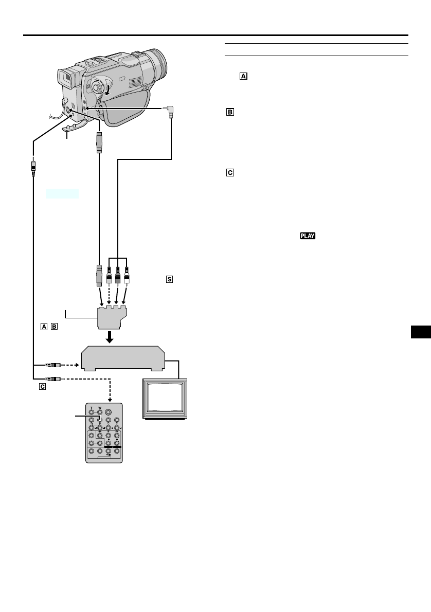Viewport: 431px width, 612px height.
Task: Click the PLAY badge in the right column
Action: tap(306, 236)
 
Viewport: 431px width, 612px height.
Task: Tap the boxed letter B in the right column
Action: tap(230, 112)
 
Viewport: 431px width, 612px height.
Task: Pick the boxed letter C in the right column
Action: tap(230, 173)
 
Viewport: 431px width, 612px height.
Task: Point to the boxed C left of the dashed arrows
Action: tap(42, 386)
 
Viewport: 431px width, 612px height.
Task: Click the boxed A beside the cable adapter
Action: tap(44, 326)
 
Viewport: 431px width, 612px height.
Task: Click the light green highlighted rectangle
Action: tap(62, 193)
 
